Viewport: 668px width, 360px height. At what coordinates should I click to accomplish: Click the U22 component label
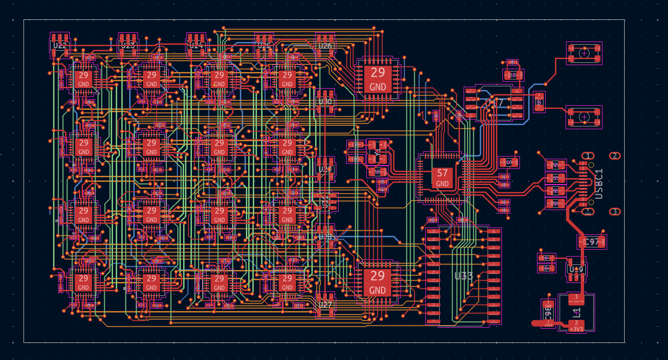click(60, 46)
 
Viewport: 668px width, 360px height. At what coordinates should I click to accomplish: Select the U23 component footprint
click(128, 44)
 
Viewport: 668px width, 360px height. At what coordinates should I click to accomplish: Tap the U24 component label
click(196, 45)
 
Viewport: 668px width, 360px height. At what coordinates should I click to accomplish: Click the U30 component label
click(325, 102)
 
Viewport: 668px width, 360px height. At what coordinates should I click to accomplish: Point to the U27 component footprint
click(325, 305)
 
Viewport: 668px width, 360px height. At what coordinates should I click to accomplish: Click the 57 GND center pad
click(442, 178)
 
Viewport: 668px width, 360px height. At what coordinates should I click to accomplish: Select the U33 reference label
click(464, 276)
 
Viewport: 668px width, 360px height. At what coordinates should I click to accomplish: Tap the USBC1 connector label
click(599, 184)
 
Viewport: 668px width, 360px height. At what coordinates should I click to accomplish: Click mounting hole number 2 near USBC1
click(614, 156)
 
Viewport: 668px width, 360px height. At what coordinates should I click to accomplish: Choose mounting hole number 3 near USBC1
click(614, 212)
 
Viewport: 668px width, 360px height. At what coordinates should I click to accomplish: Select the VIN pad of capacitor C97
click(582, 242)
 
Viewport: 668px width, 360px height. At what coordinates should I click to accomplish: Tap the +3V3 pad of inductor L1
click(576, 326)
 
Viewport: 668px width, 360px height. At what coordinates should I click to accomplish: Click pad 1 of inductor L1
click(576, 298)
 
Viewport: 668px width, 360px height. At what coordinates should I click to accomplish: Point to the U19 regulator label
click(576, 270)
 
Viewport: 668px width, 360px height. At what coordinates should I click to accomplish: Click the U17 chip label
click(495, 103)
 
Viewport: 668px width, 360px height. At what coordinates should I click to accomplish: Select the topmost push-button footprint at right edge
click(584, 53)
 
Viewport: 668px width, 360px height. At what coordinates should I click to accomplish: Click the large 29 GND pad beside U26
click(378, 78)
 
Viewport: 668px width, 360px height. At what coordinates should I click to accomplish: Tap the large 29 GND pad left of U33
click(377, 282)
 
